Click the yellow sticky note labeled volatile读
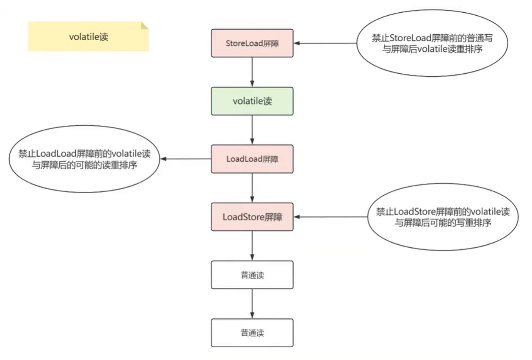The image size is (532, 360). click(x=88, y=37)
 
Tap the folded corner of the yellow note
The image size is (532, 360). click(x=144, y=26)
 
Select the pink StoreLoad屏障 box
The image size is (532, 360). click(x=252, y=43)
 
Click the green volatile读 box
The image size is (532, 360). click(x=252, y=101)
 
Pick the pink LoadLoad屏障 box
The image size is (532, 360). click(x=252, y=159)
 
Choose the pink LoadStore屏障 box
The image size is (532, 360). click(x=252, y=217)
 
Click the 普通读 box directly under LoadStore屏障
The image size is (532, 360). click(x=252, y=275)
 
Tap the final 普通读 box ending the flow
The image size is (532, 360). click(x=252, y=332)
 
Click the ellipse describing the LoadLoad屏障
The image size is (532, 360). click(x=84, y=159)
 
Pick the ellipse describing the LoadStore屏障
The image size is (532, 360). click(x=443, y=217)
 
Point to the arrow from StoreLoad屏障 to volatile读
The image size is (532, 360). click(x=252, y=72)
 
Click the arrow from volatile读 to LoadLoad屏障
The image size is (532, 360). click(x=252, y=130)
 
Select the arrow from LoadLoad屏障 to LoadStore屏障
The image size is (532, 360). click(x=252, y=188)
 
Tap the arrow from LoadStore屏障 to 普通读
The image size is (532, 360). click(x=252, y=246)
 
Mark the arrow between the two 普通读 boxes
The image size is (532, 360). click(x=252, y=304)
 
